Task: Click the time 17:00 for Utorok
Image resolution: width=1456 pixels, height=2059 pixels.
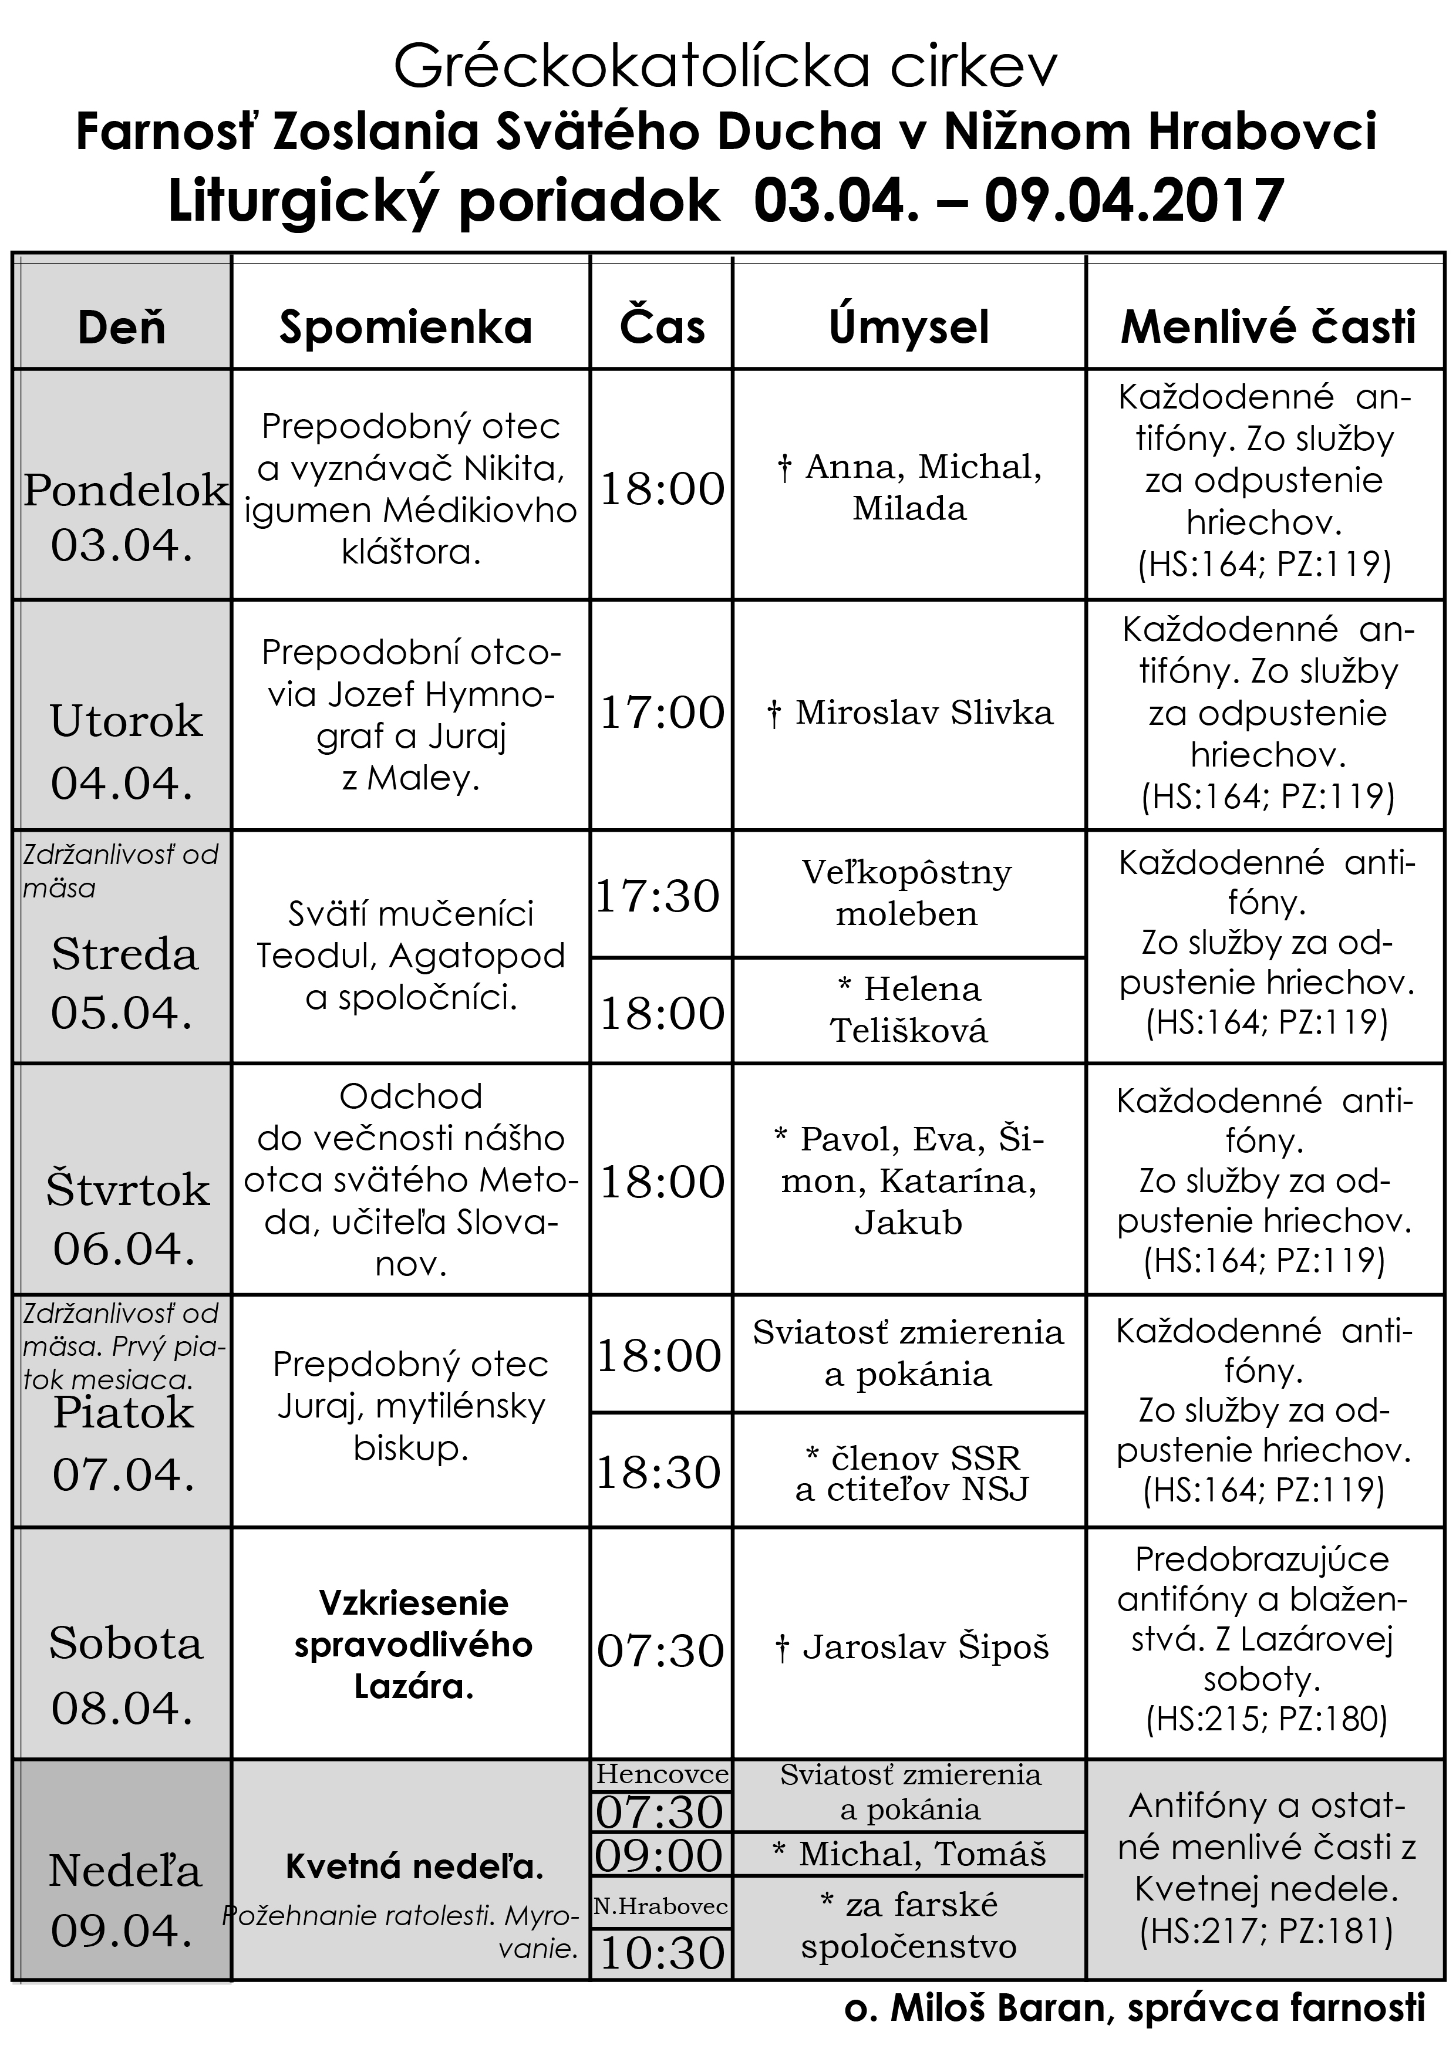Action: [661, 713]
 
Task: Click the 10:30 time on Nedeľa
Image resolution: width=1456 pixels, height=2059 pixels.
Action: [661, 1952]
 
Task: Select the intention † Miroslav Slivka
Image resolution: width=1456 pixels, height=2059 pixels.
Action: [909, 713]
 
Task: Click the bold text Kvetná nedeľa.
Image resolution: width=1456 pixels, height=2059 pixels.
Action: [414, 1866]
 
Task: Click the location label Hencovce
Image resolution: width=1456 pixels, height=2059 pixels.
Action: [661, 1775]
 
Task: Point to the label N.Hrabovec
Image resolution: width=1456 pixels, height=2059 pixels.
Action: [660, 1906]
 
